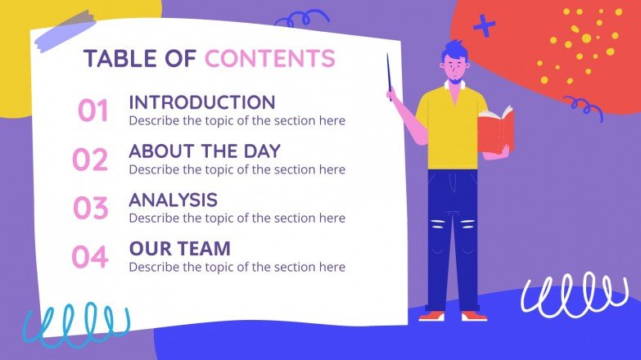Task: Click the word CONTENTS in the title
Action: pyautogui.click(x=269, y=59)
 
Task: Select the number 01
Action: pyautogui.click(x=93, y=111)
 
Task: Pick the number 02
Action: pyautogui.click(x=90, y=160)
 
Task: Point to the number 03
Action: pyautogui.click(x=90, y=209)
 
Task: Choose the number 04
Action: pyautogui.click(x=90, y=258)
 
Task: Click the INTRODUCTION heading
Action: pyautogui.click(x=201, y=103)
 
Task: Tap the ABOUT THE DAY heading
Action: pyautogui.click(x=205, y=151)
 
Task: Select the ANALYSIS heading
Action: pyautogui.click(x=173, y=200)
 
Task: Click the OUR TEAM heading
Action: pyautogui.click(x=179, y=248)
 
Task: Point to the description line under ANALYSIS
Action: pyautogui.click(x=237, y=218)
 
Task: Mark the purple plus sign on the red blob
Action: pyautogui.click(x=485, y=26)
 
